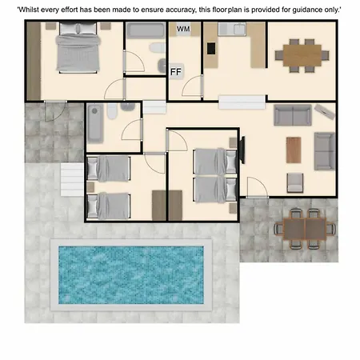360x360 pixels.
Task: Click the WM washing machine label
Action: click(183, 29)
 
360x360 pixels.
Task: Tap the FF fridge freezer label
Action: click(176, 71)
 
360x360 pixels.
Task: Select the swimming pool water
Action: click(131, 275)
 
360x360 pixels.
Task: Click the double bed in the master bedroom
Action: click(78, 48)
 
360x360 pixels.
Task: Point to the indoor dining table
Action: click(302, 55)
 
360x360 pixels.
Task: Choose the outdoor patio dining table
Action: click(305, 229)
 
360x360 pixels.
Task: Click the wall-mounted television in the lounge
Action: click(242, 150)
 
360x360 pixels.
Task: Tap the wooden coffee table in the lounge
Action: click(294, 150)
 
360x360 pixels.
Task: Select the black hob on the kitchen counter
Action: click(211, 49)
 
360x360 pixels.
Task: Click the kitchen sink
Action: click(232, 29)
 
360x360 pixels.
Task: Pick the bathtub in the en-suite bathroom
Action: click(146, 30)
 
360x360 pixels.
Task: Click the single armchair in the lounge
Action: click(295, 182)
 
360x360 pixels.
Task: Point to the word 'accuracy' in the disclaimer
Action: click(181, 10)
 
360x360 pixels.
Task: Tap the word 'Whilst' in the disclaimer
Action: click(26, 10)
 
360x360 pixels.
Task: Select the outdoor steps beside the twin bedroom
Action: click(72, 180)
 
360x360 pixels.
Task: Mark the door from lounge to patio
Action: click(258, 187)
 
